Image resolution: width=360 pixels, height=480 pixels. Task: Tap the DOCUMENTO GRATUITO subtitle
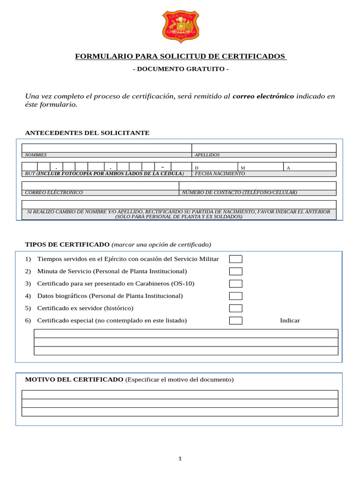[x=180, y=69]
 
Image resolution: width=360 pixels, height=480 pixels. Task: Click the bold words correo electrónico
[x=263, y=96]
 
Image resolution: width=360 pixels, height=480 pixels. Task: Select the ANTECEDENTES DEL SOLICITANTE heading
[x=87, y=133]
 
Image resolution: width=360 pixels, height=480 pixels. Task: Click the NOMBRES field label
[x=36, y=155]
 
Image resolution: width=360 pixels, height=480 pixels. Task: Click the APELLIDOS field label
[x=207, y=155]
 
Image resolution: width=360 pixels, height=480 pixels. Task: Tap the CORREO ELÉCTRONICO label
[x=54, y=193]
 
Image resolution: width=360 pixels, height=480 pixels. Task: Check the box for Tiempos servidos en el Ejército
[x=236, y=259]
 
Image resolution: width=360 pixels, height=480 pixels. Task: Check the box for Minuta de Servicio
[x=236, y=271]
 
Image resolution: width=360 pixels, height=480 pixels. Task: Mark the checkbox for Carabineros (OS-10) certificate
[x=236, y=284]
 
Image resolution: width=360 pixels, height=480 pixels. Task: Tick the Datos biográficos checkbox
[x=236, y=296]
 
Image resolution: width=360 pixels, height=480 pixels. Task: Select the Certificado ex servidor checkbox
[x=236, y=308]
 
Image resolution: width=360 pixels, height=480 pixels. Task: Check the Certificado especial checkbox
[x=236, y=321]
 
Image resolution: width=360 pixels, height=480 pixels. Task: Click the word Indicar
[x=290, y=321]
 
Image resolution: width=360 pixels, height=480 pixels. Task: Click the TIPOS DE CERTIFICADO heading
[x=67, y=245]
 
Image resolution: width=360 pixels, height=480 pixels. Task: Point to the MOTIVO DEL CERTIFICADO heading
[x=74, y=379]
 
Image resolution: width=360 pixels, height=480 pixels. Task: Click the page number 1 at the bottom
[x=180, y=458]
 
